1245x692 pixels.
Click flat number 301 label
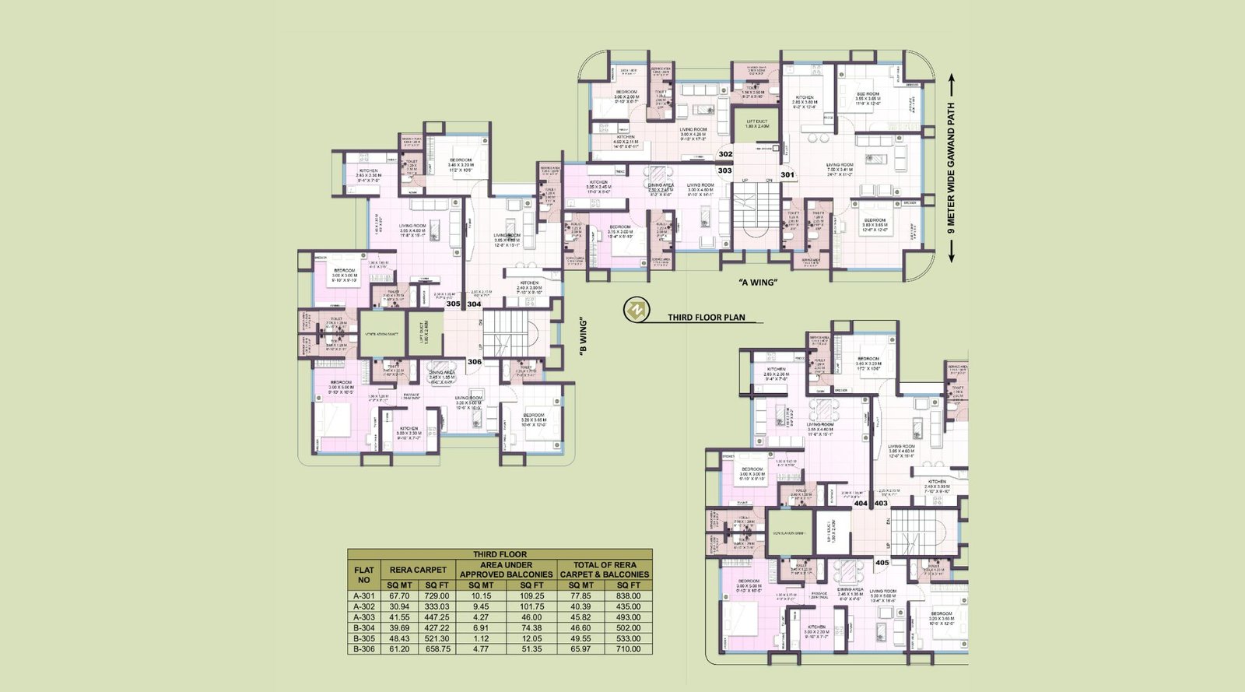coord(787,175)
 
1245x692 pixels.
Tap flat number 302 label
coord(725,155)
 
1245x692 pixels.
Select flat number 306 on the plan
coord(474,362)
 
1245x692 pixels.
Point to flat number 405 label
coord(882,562)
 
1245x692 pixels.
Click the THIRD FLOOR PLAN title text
coord(707,318)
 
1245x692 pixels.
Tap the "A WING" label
coord(757,283)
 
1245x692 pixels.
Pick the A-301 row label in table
coord(363,596)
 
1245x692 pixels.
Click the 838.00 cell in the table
coord(629,596)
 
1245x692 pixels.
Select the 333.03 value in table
coord(439,606)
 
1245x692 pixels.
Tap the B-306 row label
coord(363,648)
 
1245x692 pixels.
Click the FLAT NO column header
coord(363,574)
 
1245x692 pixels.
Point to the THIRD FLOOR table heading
coord(500,554)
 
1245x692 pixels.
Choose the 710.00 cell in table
coord(629,648)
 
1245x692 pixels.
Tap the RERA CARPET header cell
coord(419,570)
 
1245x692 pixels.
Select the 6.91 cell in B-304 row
coord(482,627)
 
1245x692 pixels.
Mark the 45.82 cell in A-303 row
coord(580,617)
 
